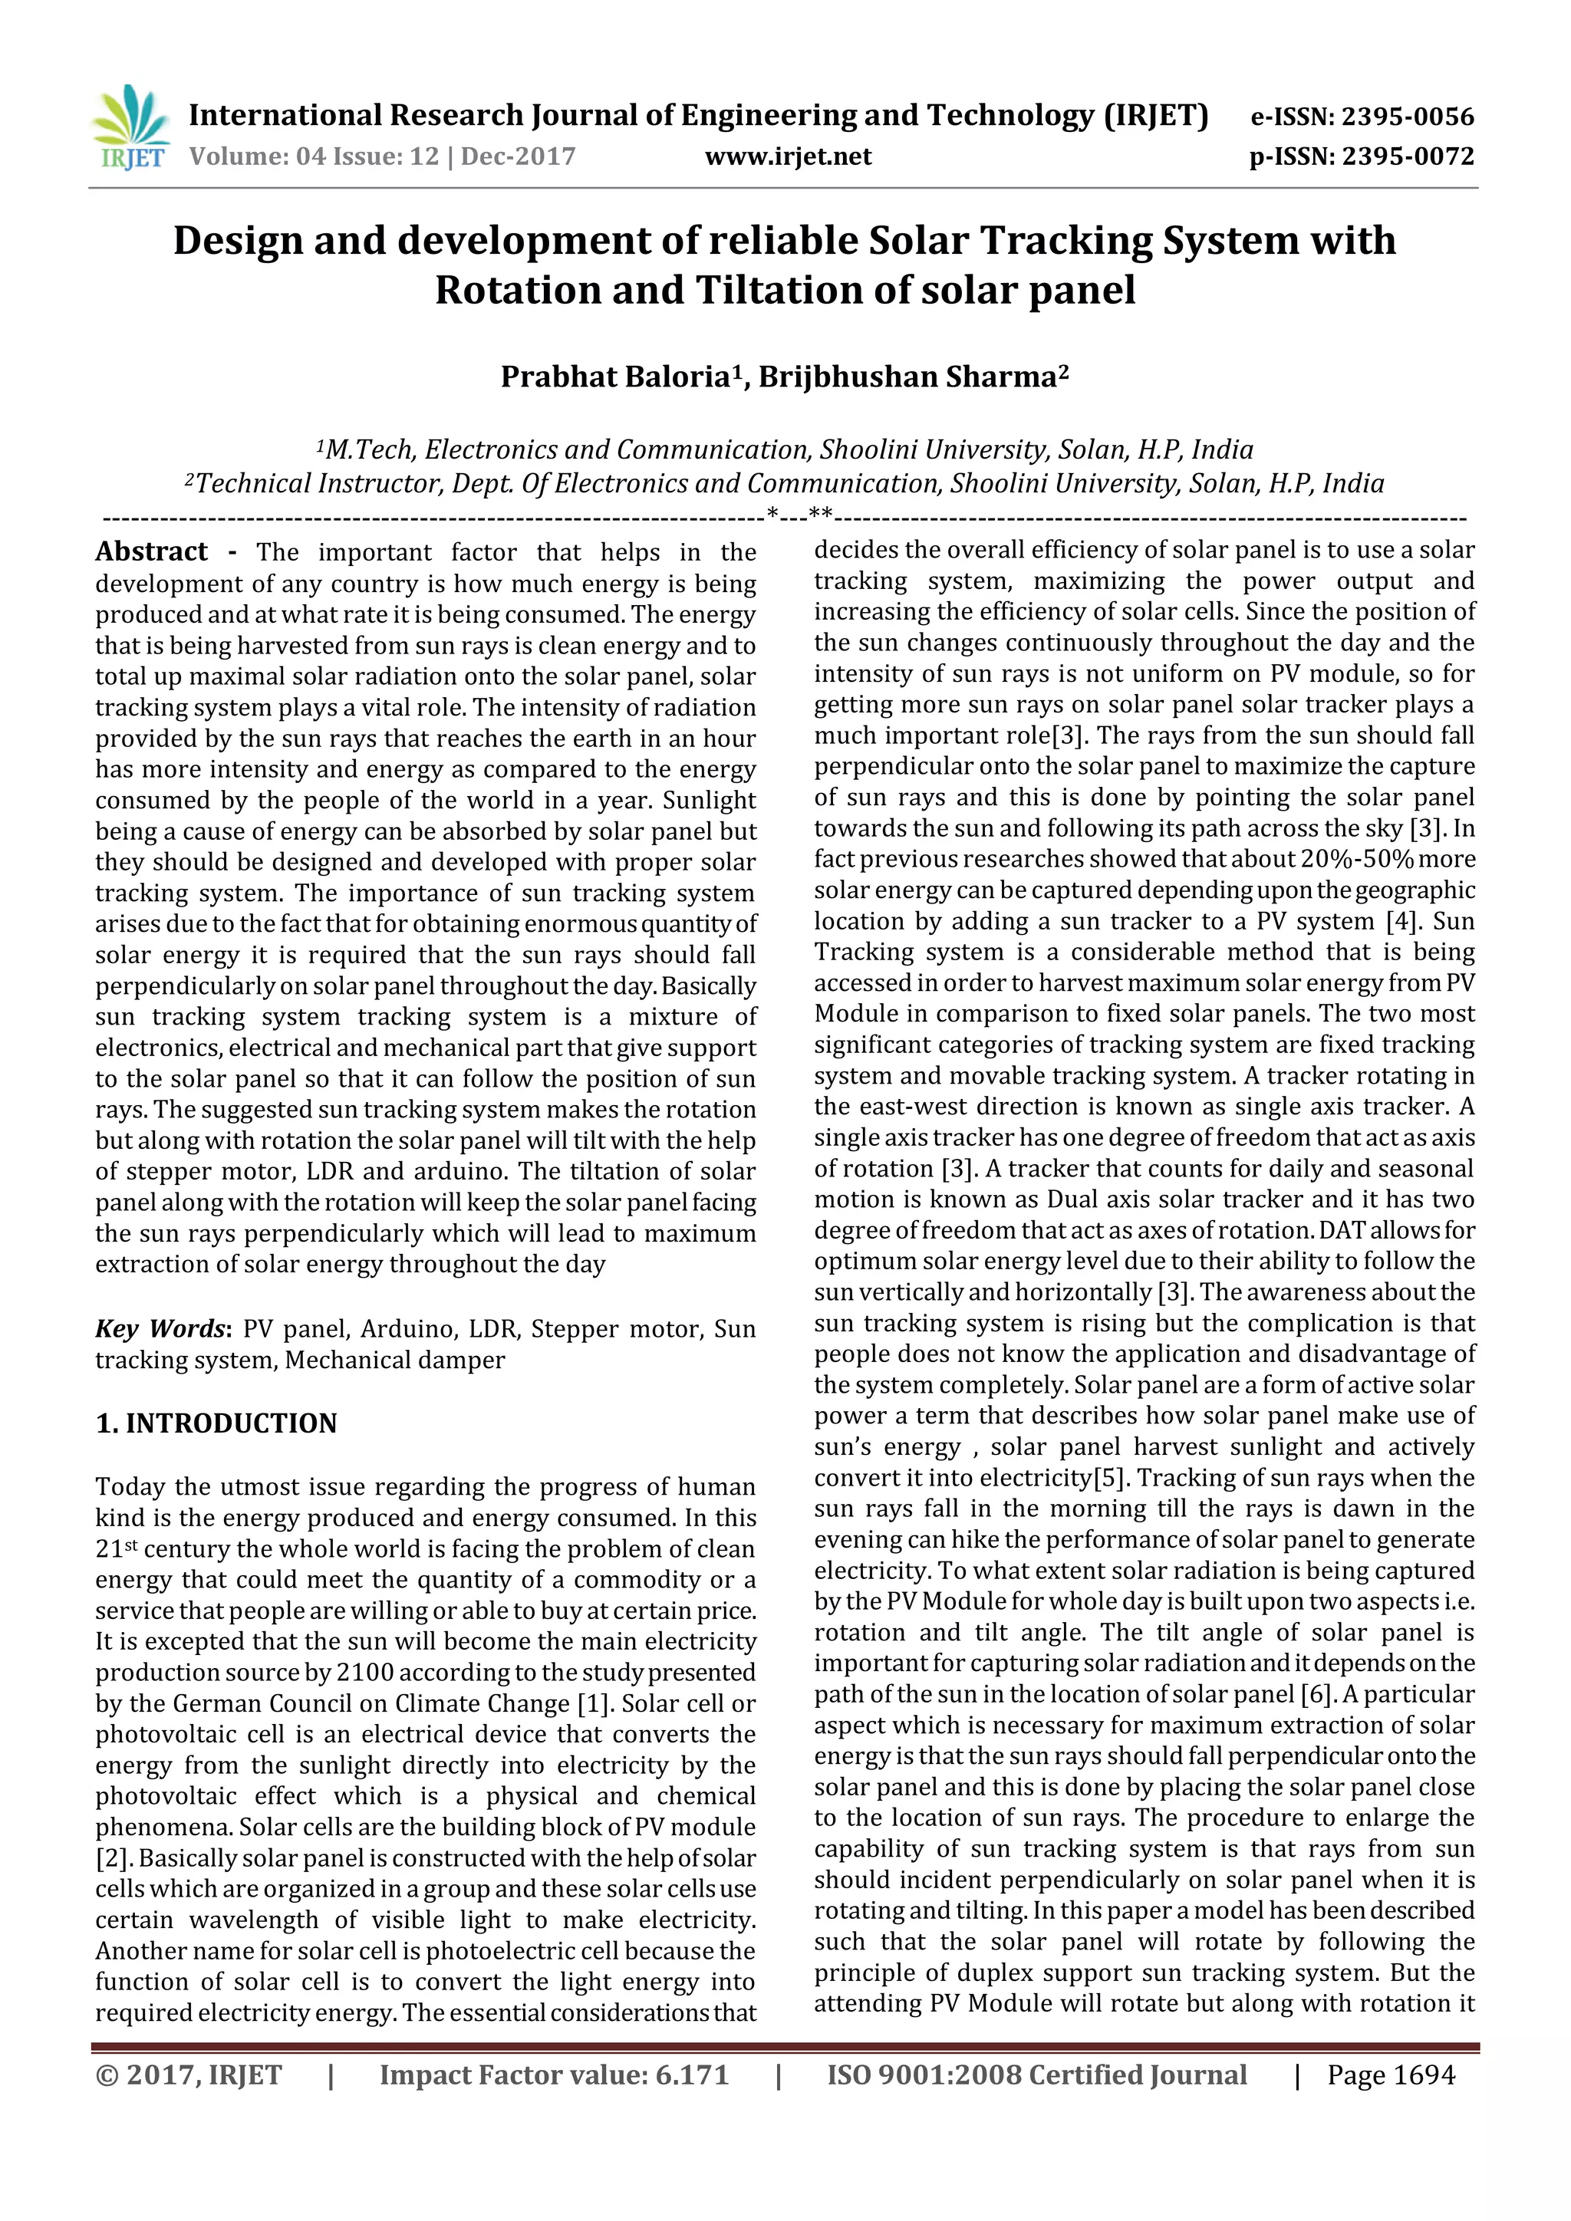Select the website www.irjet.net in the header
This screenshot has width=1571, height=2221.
click(x=789, y=156)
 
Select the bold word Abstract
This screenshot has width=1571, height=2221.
click(x=151, y=551)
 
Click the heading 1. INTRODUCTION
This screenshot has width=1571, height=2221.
click(x=216, y=1423)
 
